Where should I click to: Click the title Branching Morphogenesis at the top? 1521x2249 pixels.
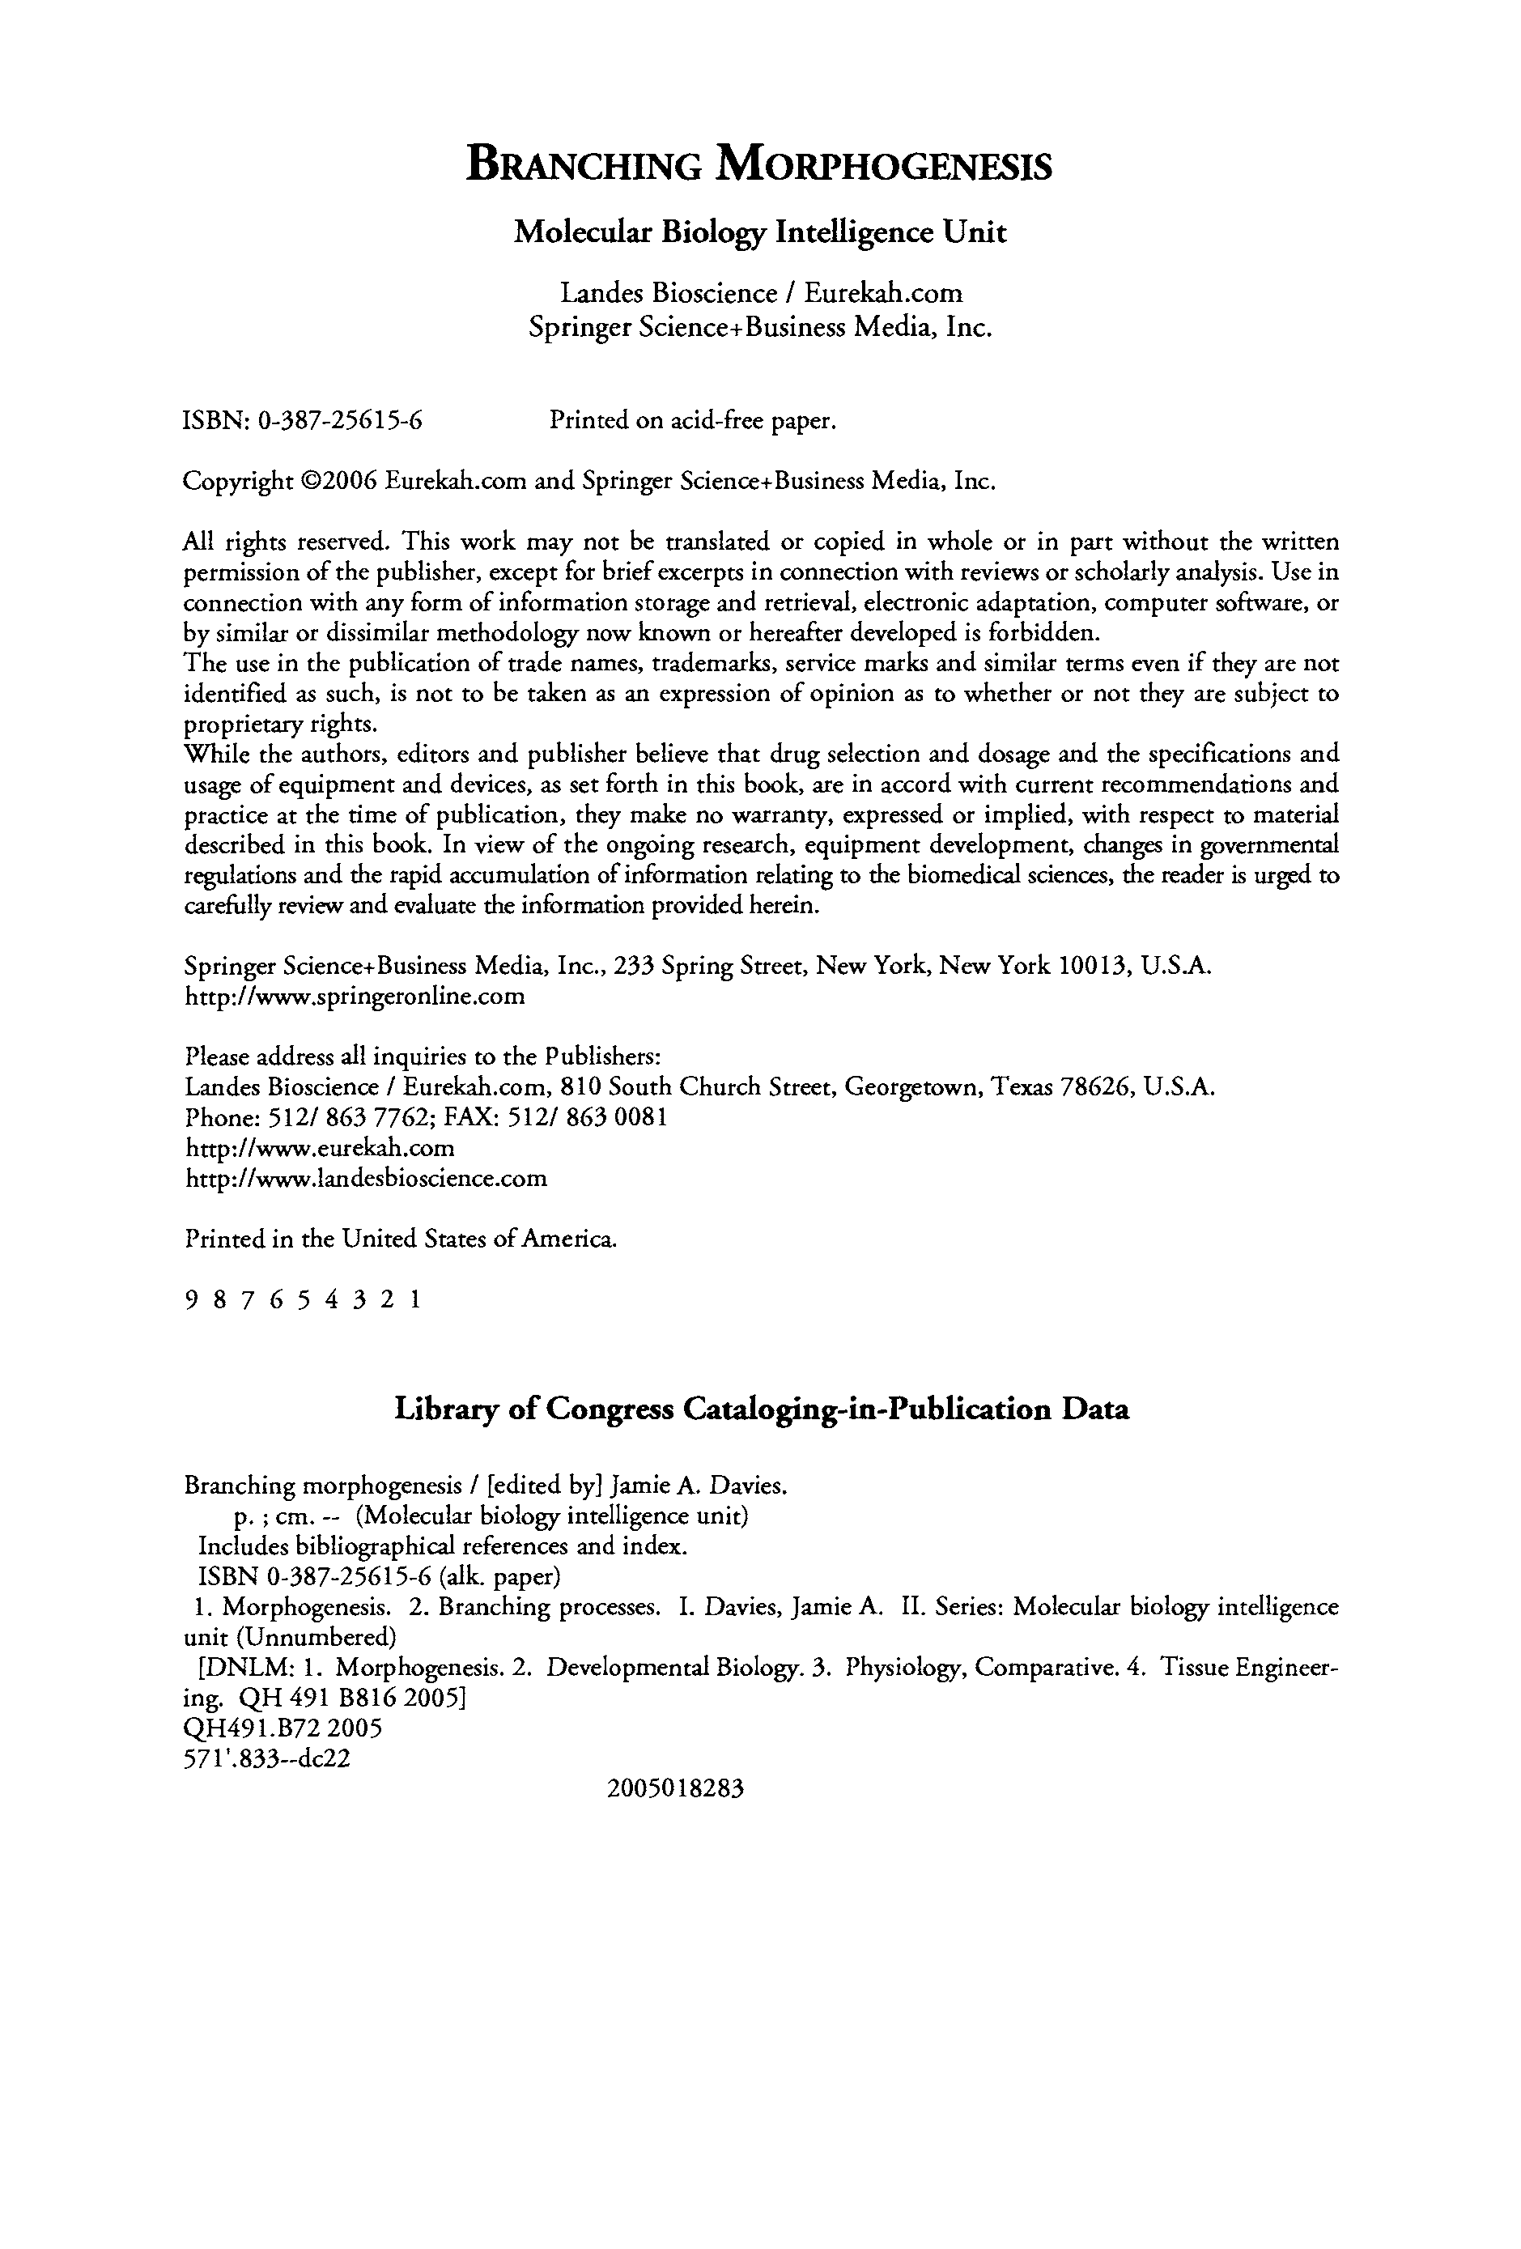click(759, 165)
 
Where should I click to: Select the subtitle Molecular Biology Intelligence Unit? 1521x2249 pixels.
click(759, 233)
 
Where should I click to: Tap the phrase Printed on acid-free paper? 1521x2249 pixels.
click(692, 421)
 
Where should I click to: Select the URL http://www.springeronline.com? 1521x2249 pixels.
click(354, 996)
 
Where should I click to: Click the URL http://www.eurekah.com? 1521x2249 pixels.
click(319, 1148)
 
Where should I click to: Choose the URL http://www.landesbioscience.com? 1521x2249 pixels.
click(366, 1178)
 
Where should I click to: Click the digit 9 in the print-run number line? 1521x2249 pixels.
click(189, 1301)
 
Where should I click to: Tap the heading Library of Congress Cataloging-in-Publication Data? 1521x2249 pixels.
click(762, 1409)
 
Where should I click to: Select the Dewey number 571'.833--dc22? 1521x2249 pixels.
click(266, 1758)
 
